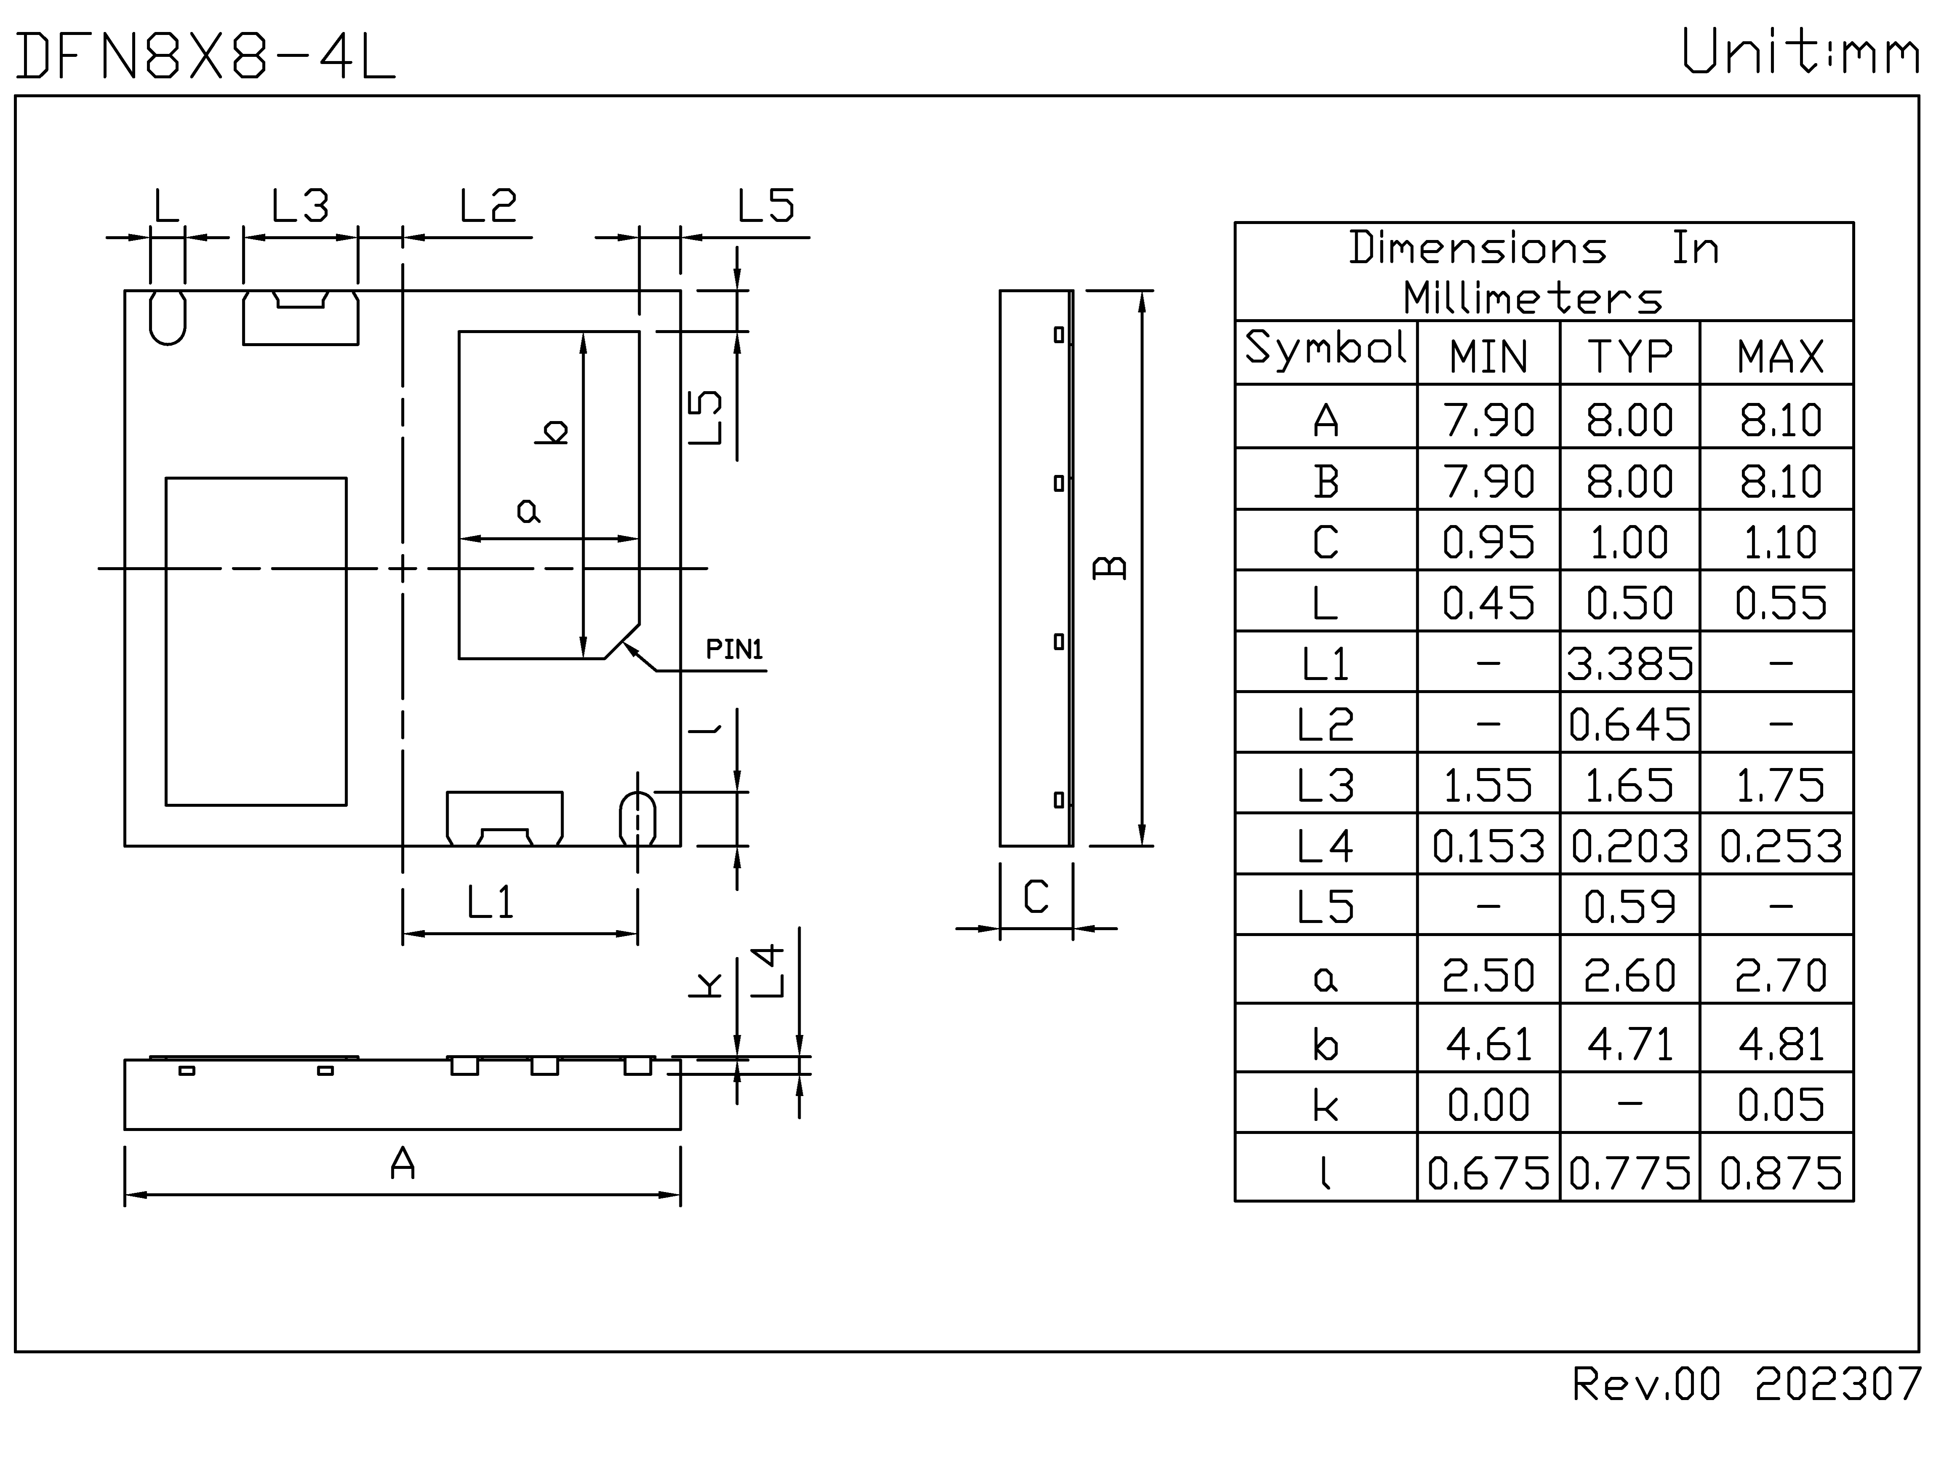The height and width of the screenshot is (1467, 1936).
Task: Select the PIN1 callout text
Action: point(734,649)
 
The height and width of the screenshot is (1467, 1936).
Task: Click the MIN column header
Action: point(1488,356)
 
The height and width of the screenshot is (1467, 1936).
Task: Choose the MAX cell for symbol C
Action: point(1780,542)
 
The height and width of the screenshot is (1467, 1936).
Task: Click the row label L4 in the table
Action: point(1325,846)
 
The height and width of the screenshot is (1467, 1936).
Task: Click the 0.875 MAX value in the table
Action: point(1780,1173)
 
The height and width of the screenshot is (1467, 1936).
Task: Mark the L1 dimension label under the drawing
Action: point(490,902)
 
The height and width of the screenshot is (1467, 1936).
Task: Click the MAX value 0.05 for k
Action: point(1780,1104)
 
